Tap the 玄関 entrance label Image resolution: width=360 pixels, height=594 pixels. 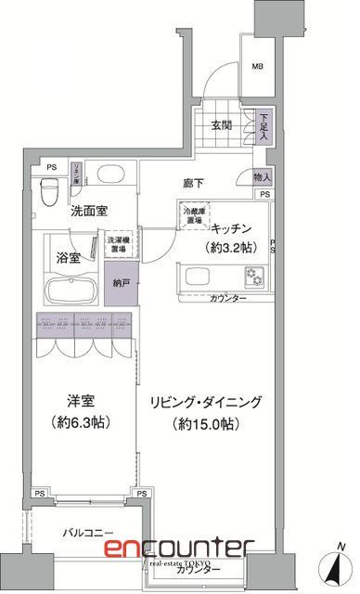pyautogui.click(x=220, y=127)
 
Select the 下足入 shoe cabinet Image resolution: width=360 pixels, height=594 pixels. pyautogui.click(x=264, y=127)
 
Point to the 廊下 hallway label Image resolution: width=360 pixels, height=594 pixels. pyautogui.click(x=193, y=184)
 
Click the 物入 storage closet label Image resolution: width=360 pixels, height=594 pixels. pyautogui.click(x=262, y=176)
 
